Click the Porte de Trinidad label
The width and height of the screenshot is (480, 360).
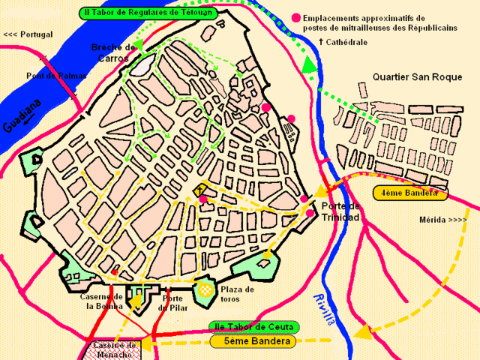pos(340,211)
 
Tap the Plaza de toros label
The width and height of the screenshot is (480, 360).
pos(238,295)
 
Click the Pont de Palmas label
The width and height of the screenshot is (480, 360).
pos(56,76)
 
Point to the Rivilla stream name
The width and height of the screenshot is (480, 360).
pos(323,308)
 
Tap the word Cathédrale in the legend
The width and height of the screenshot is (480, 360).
pos(347,43)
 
